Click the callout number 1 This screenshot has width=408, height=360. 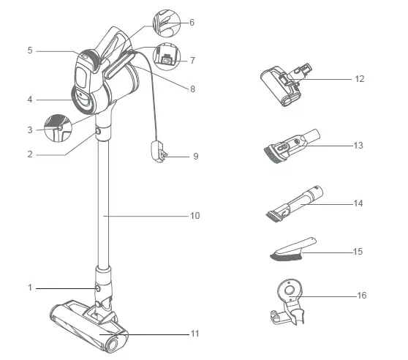click(x=31, y=288)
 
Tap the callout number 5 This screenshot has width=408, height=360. click(x=30, y=50)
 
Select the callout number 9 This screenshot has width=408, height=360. click(x=195, y=156)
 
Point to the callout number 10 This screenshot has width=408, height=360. click(x=194, y=216)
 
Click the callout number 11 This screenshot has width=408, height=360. click(x=194, y=334)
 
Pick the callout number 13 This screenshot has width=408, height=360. click(x=358, y=146)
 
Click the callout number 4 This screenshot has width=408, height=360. click(x=30, y=99)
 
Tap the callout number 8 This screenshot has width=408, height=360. click(x=192, y=89)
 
